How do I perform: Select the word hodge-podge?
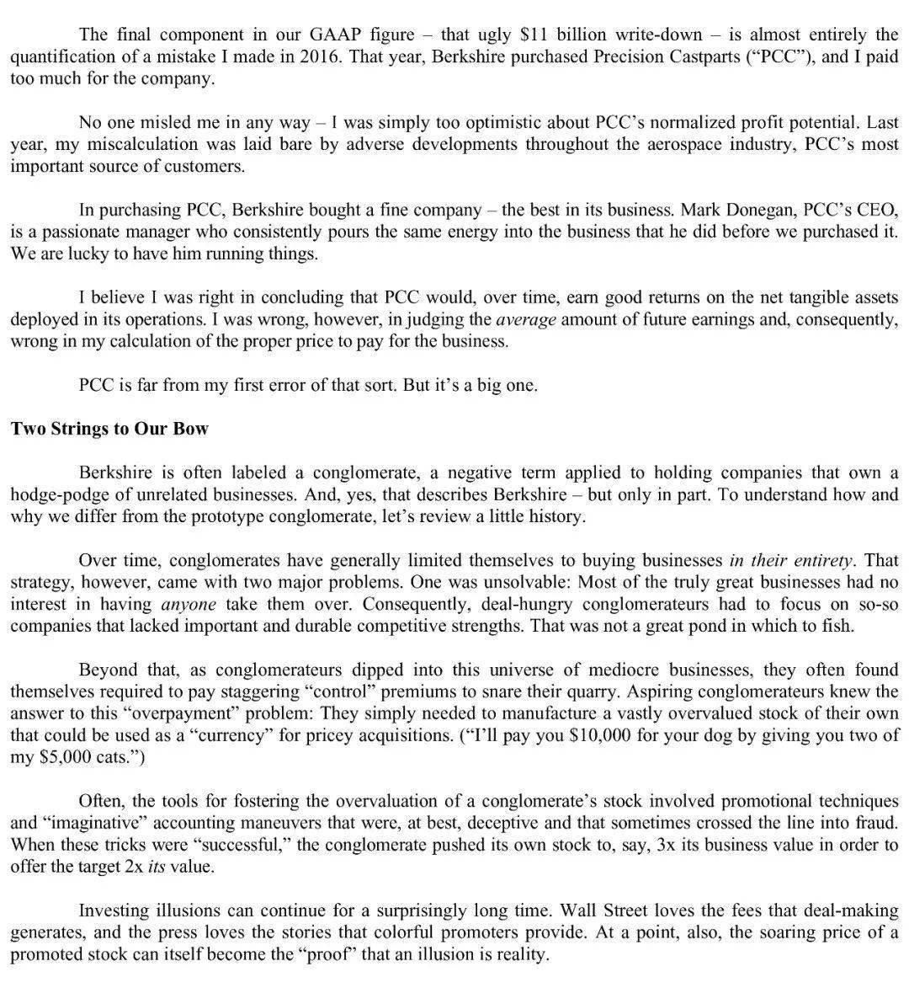(55, 494)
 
